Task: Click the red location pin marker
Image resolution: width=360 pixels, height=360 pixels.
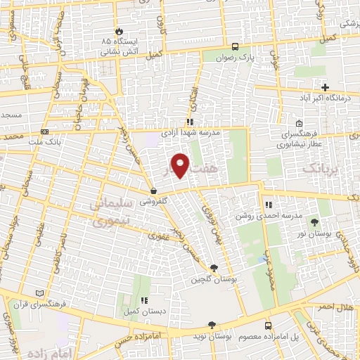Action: click(x=180, y=165)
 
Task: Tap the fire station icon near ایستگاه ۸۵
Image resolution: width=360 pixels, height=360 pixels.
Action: click(x=119, y=32)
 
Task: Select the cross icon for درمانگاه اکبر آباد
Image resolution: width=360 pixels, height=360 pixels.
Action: click(x=325, y=87)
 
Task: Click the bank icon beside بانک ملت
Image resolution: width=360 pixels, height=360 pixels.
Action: click(x=45, y=131)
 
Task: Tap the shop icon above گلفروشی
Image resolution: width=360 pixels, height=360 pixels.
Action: click(x=153, y=191)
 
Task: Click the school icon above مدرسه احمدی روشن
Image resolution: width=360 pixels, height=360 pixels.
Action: click(x=268, y=205)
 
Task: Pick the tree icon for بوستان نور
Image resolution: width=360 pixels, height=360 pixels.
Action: click(x=324, y=222)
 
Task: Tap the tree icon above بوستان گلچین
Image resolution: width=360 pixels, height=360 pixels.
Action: click(x=214, y=268)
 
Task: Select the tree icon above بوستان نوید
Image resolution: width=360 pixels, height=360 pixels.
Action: click(x=212, y=324)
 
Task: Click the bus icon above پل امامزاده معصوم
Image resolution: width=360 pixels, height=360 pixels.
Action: click(x=268, y=326)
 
